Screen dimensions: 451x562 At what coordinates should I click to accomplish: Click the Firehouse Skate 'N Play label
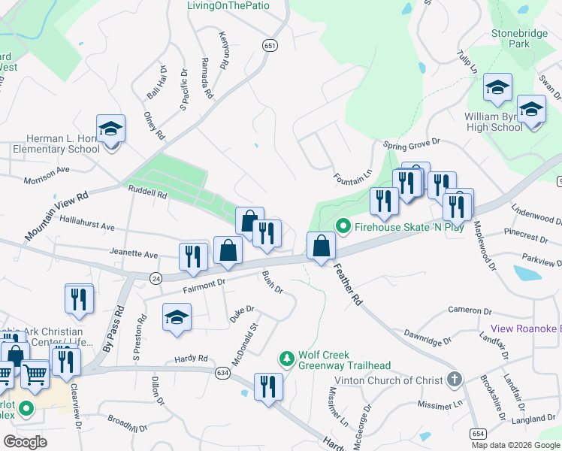pyautogui.click(x=409, y=225)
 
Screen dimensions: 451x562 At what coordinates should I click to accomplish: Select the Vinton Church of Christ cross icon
pyautogui.click(x=454, y=380)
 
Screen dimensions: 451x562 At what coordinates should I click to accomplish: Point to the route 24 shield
pyautogui.click(x=156, y=277)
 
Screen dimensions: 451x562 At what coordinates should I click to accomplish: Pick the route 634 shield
pyautogui.click(x=222, y=372)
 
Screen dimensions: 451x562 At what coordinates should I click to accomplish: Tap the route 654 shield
pyautogui.click(x=479, y=434)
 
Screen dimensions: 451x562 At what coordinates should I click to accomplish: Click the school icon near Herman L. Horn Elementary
pyautogui.click(x=110, y=130)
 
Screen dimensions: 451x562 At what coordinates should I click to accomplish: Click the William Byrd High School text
pyautogui.click(x=493, y=122)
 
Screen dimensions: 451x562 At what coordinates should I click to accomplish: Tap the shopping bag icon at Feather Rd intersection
pyautogui.click(x=321, y=246)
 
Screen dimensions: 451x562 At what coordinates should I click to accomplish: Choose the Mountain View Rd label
pyautogui.click(x=57, y=216)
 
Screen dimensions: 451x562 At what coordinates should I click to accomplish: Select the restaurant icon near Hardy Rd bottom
pyautogui.click(x=267, y=387)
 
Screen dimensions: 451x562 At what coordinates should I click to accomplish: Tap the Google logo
pyautogui.click(x=26, y=442)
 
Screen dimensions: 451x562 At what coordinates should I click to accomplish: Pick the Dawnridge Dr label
pyautogui.click(x=428, y=336)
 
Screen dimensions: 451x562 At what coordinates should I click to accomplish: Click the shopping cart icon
pyautogui.click(x=35, y=374)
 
